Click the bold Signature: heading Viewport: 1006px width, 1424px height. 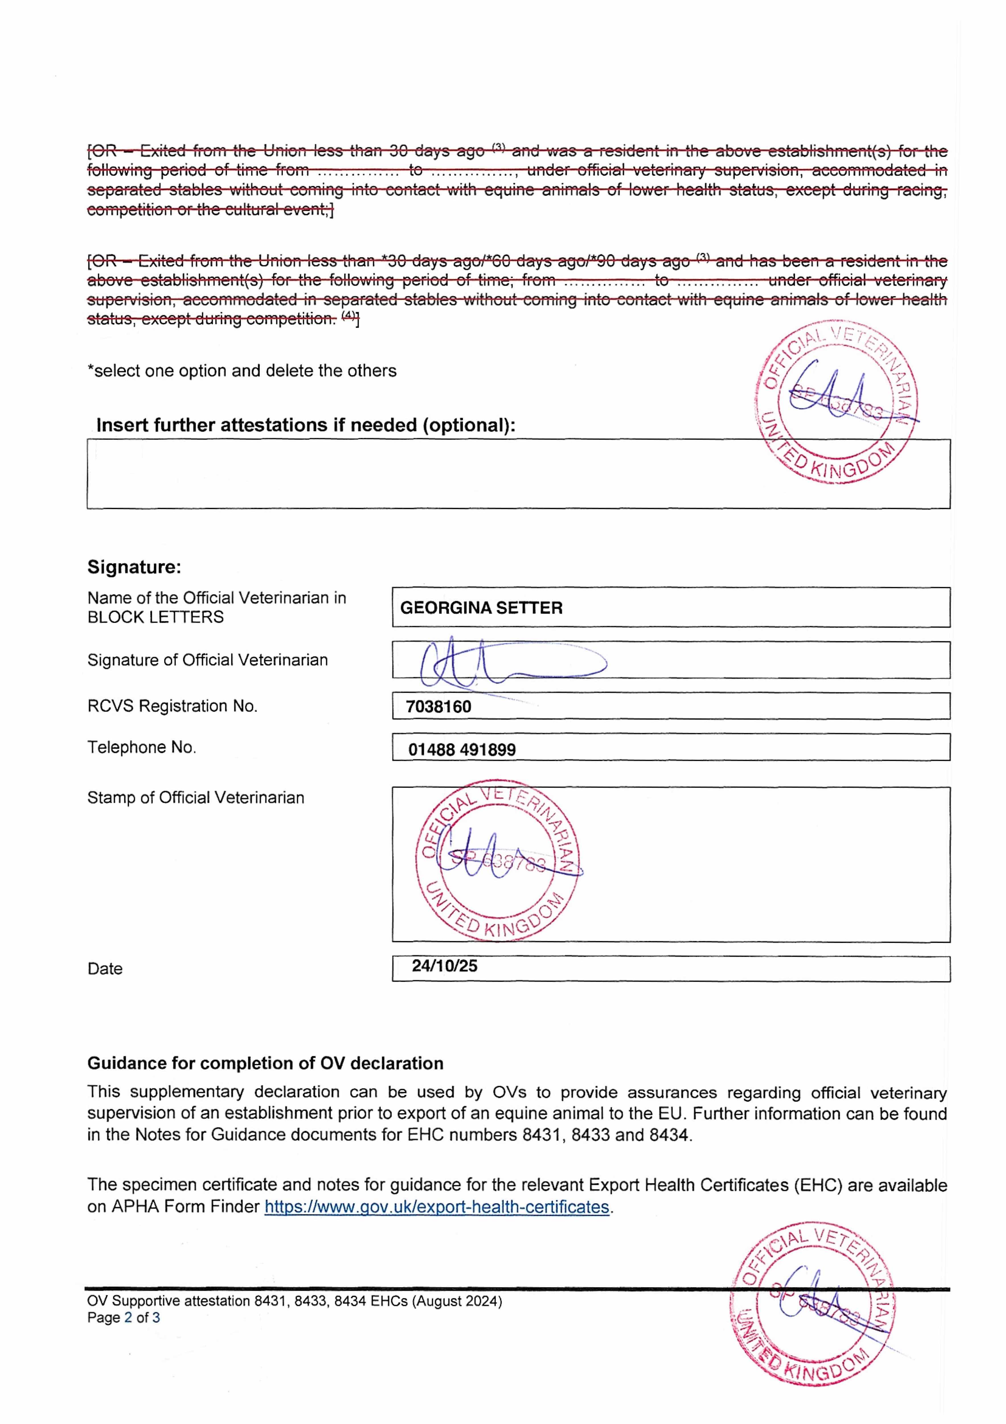(134, 567)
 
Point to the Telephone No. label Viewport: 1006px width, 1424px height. (142, 747)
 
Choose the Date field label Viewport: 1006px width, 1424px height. (105, 969)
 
